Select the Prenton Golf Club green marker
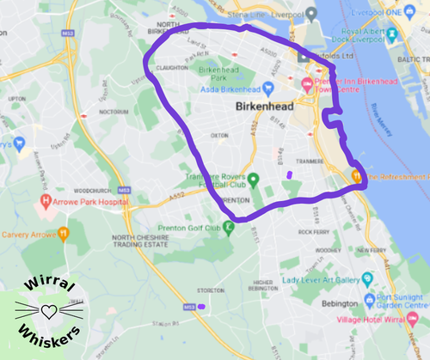click(x=228, y=227)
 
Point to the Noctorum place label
click(x=114, y=112)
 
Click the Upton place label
click(x=17, y=98)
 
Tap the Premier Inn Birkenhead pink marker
click(x=309, y=83)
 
